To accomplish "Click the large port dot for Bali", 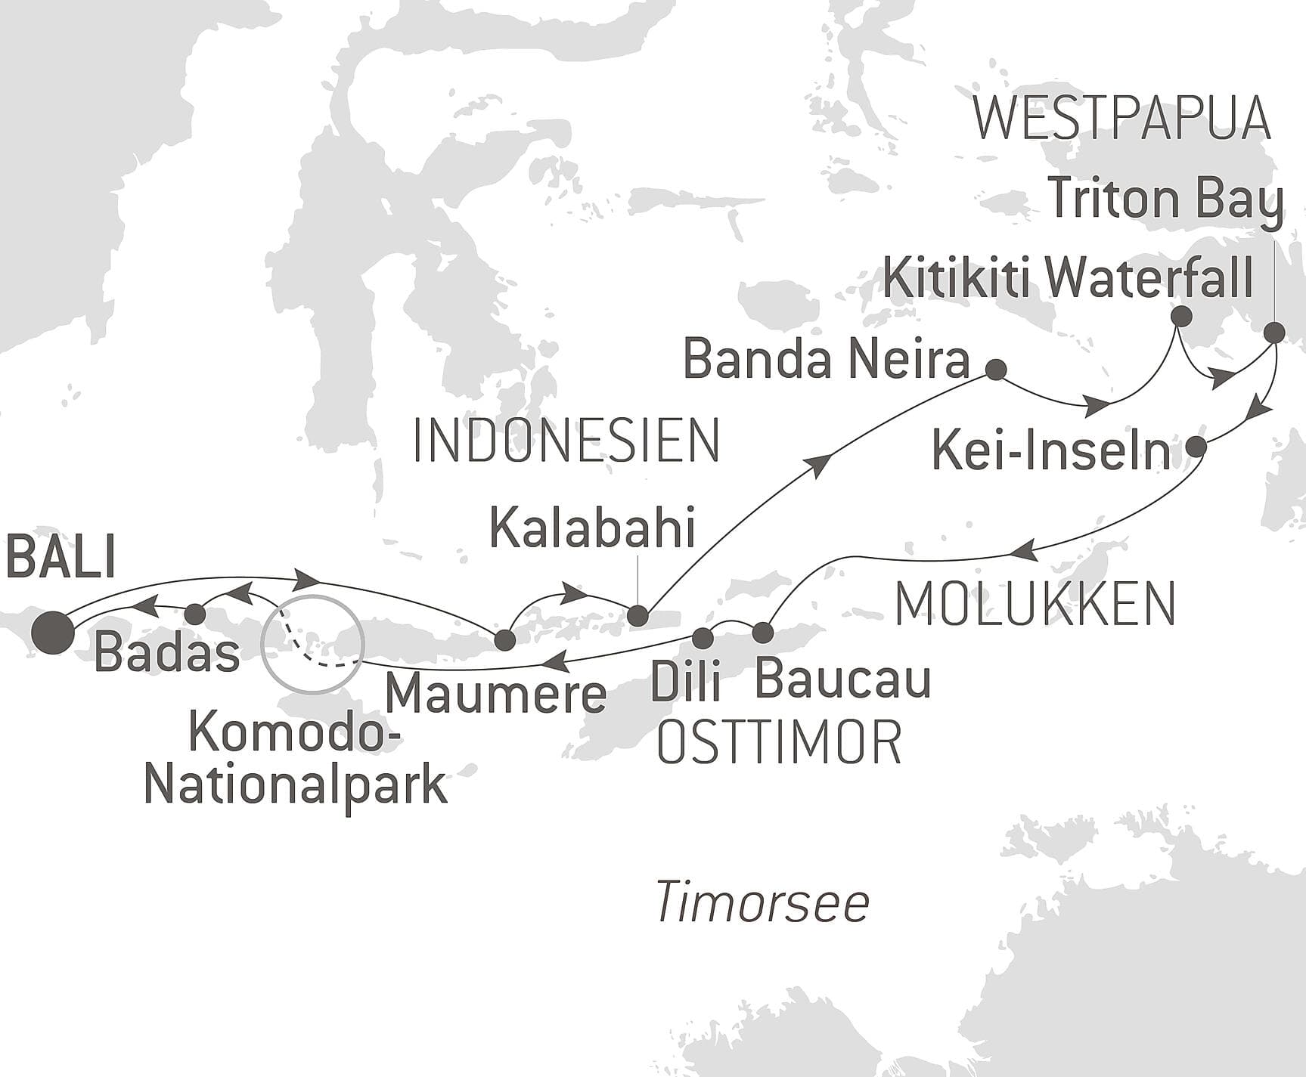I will click(x=54, y=632).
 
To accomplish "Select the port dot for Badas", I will click(x=195, y=614).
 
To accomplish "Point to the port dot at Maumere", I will click(x=504, y=640).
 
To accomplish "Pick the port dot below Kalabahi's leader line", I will click(x=638, y=615).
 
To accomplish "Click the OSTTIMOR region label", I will click(x=778, y=743).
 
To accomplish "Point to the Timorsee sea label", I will click(x=762, y=902).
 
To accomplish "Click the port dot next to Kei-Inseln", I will click(x=1196, y=447).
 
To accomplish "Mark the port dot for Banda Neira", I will click(x=997, y=370).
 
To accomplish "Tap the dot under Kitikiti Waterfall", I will click(x=1180, y=316).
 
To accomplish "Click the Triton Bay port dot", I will click(x=1274, y=332).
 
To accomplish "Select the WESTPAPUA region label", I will click(x=1121, y=119).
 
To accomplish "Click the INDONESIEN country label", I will click(x=566, y=441).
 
